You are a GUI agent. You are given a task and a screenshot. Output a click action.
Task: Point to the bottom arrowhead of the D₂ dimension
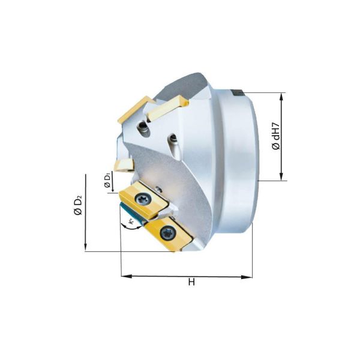[86, 247]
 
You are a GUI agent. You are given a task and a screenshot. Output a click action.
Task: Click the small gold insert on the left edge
[123, 164]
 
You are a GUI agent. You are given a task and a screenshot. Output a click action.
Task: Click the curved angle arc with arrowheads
[128, 225]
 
